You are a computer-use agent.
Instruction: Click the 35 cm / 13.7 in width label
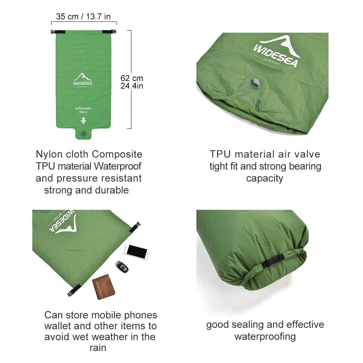pos(83,16)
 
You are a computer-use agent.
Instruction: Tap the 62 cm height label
pos(132,78)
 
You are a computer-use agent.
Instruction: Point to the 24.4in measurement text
pos(132,86)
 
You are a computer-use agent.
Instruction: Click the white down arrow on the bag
pos(83,121)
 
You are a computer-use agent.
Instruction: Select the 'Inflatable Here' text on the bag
pos(83,110)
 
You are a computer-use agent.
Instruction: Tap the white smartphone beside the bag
pos(136,251)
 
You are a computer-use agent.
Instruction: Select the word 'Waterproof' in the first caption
pos(118,166)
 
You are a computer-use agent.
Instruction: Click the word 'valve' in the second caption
pos(308,154)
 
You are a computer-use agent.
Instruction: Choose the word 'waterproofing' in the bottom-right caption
pos(265,337)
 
